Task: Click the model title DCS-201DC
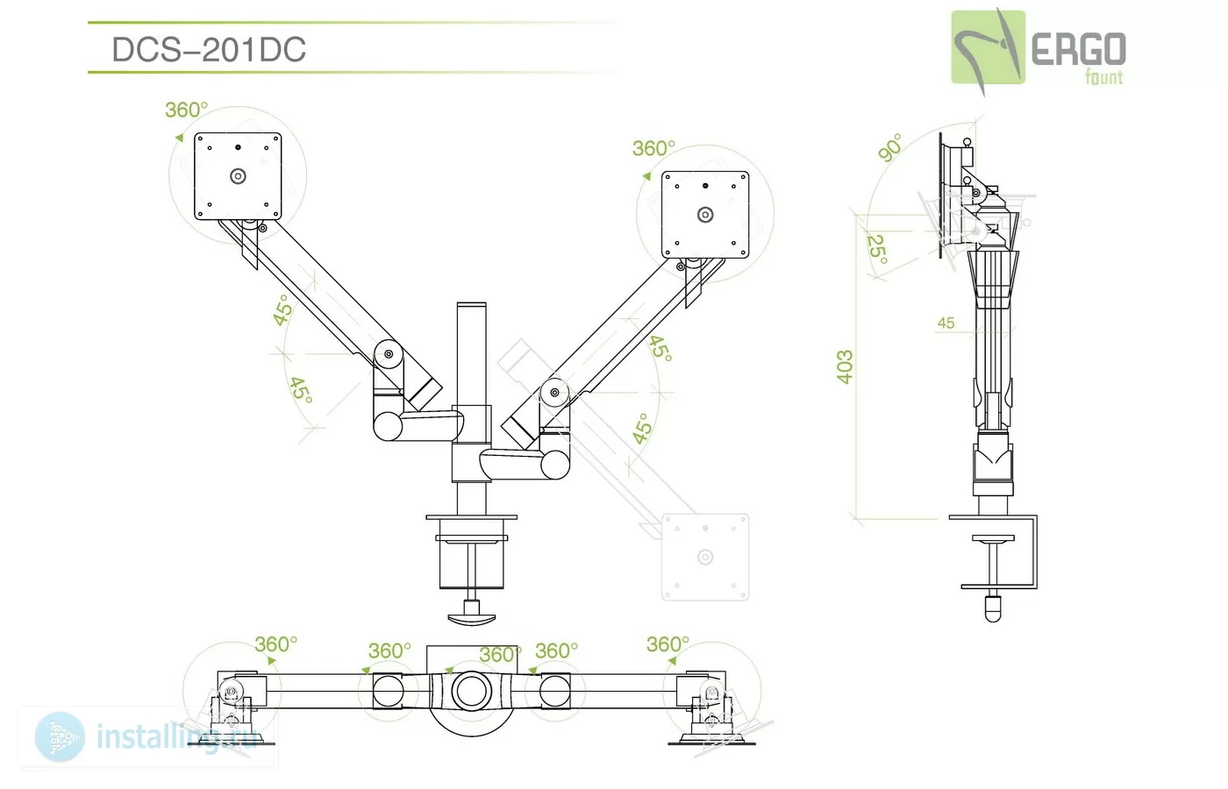[x=209, y=49]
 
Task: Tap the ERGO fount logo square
[x=988, y=47]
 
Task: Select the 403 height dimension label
[x=845, y=366]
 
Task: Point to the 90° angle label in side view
[x=889, y=147]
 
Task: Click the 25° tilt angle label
[x=876, y=249]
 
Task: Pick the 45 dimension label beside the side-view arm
[x=946, y=323]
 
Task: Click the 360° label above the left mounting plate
[x=186, y=110]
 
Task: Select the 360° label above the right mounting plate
[x=653, y=148]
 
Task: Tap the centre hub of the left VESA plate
[x=238, y=176]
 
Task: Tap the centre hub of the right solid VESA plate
[x=705, y=215]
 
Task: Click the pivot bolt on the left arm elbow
[x=389, y=354]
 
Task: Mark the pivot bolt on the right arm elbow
[x=554, y=393]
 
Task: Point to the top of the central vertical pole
[x=472, y=303]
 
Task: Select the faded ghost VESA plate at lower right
[x=705, y=558]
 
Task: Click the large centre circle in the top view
[x=472, y=692]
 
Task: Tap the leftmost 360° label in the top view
[x=275, y=643]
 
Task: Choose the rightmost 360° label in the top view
[x=668, y=643]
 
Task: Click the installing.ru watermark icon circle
[x=60, y=737]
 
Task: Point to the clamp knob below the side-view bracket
[x=993, y=608]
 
